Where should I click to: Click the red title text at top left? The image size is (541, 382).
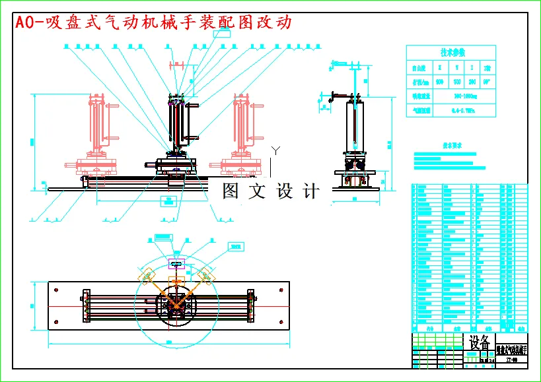[x=153, y=22]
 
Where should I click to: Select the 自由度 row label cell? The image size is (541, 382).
[x=419, y=67]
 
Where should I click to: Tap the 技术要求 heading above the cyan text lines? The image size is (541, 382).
[x=451, y=144]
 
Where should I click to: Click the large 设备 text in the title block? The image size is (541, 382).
[x=480, y=342]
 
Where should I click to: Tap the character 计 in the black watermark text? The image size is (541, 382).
[x=310, y=191]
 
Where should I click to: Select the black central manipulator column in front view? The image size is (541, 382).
[x=177, y=125]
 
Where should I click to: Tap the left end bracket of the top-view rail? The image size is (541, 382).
[x=85, y=305]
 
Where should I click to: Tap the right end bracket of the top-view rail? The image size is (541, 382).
[x=250, y=305]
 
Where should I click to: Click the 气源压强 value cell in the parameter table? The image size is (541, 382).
[x=462, y=110]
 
